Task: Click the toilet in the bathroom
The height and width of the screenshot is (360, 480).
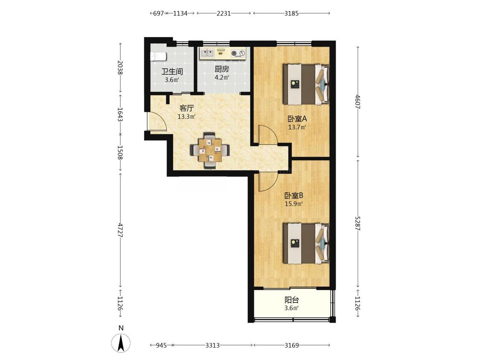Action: click(x=158, y=56)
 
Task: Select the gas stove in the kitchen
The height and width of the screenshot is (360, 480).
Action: click(x=238, y=53)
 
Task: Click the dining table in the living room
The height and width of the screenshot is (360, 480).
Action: click(x=210, y=150)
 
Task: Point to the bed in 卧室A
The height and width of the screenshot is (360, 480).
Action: click(x=306, y=84)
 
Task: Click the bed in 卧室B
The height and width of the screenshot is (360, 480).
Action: click(x=306, y=244)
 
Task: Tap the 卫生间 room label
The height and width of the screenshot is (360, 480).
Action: click(x=172, y=72)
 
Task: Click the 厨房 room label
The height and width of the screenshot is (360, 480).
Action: click(x=221, y=69)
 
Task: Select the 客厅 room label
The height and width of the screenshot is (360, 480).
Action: click(x=186, y=108)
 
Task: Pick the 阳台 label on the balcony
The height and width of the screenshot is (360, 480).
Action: click(x=291, y=300)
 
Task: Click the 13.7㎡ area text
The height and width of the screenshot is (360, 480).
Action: click(x=297, y=127)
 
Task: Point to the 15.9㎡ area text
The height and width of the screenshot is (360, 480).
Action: click(x=294, y=203)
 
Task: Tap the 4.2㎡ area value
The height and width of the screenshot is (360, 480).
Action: click(x=221, y=78)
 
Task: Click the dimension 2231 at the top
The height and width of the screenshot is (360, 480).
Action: click(x=224, y=14)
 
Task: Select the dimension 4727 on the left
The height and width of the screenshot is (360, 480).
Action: click(x=120, y=229)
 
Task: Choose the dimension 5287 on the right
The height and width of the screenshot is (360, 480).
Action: click(x=358, y=224)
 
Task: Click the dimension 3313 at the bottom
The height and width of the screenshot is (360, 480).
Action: click(x=212, y=345)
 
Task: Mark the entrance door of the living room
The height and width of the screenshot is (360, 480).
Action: click(x=156, y=122)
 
